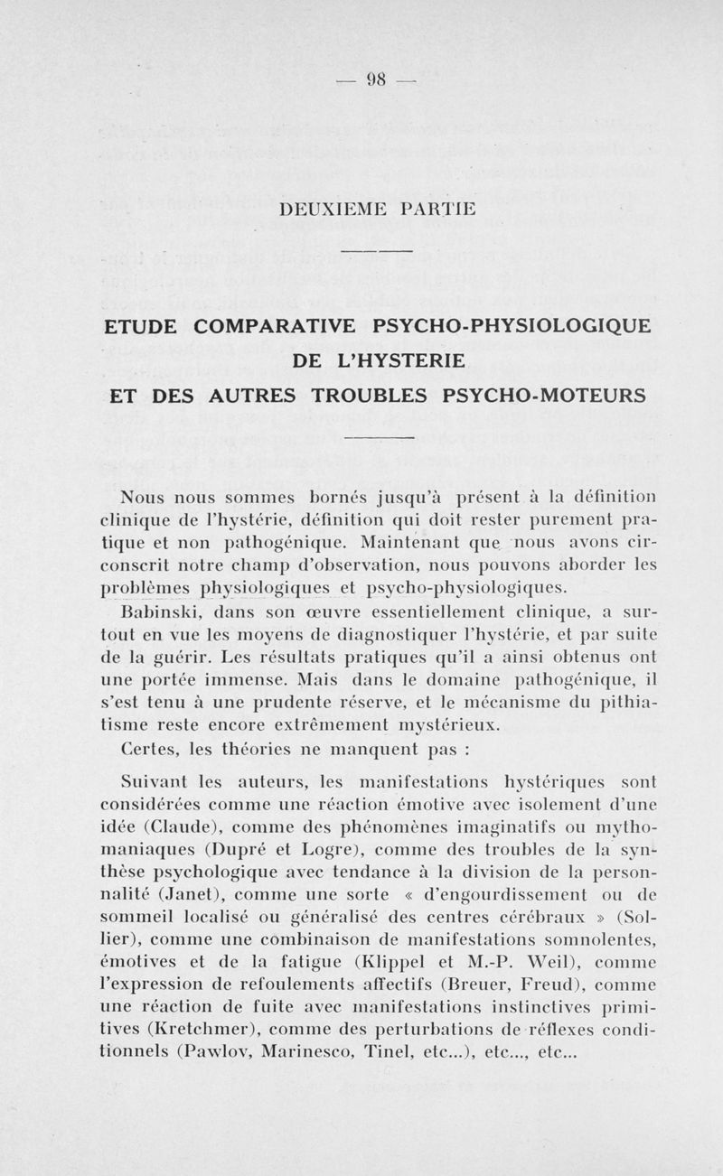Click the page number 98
click(376, 79)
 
